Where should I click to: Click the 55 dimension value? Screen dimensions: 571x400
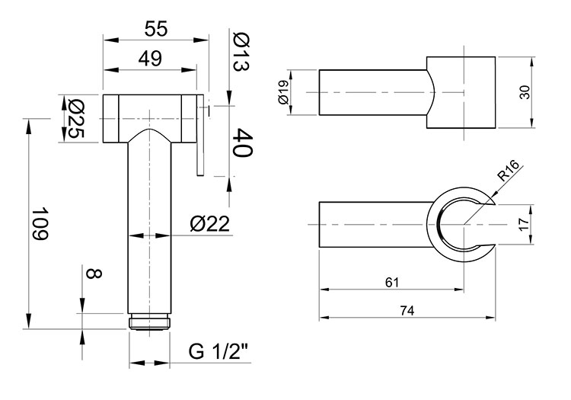pos(156,28)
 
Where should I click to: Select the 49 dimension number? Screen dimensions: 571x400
pos(150,59)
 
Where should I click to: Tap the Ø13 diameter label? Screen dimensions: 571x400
pos(241,52)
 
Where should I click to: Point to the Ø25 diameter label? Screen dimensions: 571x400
pos(75,118)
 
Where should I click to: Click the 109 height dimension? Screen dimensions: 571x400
pos(40,224)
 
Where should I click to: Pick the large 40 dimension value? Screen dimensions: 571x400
pos(242,142)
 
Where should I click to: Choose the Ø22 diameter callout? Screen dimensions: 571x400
pos(210,223)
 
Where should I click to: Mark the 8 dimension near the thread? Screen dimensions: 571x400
pos(93,274)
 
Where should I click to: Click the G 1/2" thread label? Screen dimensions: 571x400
pos(219,351)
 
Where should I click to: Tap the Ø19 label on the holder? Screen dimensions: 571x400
pos(283,92)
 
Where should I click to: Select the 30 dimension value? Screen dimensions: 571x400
pos(525,92)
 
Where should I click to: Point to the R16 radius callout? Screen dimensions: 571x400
pos(509,171)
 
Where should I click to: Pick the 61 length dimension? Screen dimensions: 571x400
pos(392,283)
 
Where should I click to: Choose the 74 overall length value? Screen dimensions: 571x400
pos(407,311)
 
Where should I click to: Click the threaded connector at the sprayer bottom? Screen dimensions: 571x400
pos(149,322)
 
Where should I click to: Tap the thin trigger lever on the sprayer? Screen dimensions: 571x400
pos(200,135)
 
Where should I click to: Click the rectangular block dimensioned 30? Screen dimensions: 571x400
pos(461,92)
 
